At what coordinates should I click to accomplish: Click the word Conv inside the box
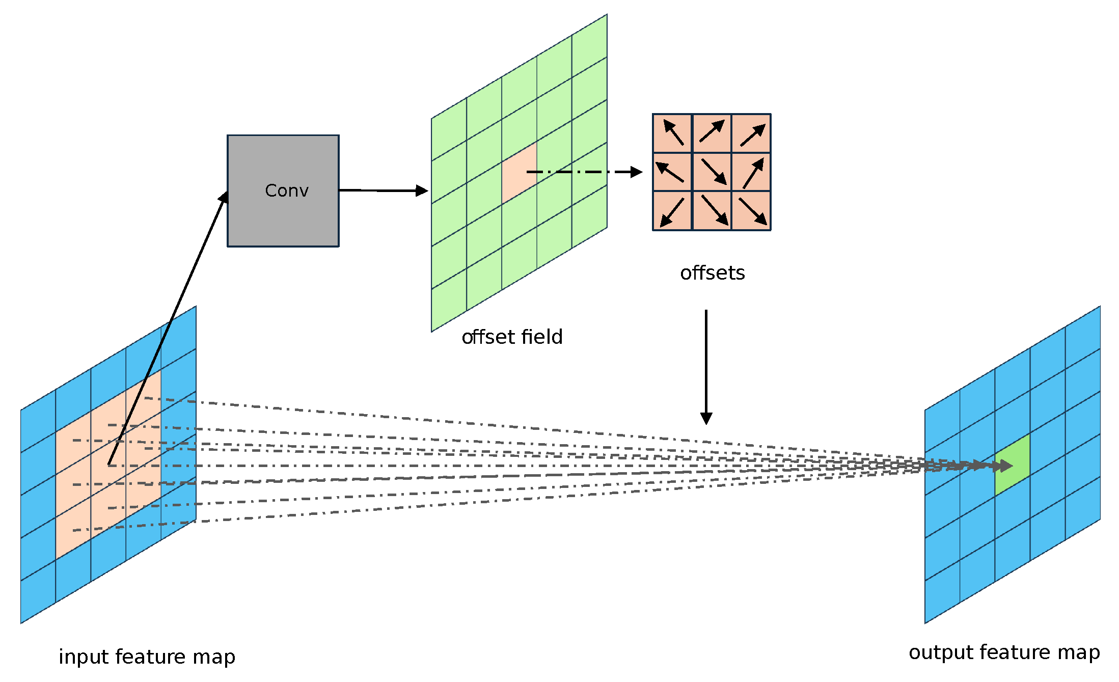tap(287, 190)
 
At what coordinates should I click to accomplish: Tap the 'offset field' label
tap(512, 337)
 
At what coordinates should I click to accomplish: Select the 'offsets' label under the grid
tap(712, 273)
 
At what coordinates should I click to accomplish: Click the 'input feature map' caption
tap(147, 657)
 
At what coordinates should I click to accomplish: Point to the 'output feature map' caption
tap(1004, 652)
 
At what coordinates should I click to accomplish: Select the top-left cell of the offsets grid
tap(672, 133)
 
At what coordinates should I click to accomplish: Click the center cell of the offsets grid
tap(712, 172)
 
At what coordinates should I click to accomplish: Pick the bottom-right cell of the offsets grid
tap(751, 210)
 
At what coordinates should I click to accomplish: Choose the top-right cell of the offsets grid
tap(751, 133)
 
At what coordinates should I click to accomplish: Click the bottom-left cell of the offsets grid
tap(672, 210)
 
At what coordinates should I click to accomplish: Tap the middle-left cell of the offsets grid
tap(672, 172)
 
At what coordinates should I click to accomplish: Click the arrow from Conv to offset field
tap(382, 190)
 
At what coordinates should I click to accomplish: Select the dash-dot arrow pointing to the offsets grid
tap(586, 172)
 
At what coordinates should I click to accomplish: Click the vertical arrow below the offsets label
tap(706, 367)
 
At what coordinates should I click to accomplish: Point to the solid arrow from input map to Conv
tap(168, 326)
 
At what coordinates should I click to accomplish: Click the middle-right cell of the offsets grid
tap(751, 172)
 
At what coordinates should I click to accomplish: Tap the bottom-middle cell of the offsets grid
tap(712, 210)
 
